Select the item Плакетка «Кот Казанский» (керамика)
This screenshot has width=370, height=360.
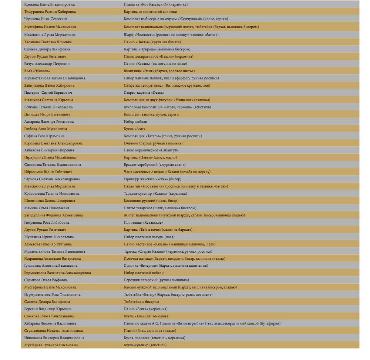(x=155, y=4)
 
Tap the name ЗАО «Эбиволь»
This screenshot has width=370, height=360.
(x=37, y=71)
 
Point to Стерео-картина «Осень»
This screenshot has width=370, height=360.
(x=144, y=93)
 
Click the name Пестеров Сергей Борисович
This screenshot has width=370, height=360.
(x=48, y=93)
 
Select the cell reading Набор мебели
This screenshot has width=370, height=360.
(x=135, y=121)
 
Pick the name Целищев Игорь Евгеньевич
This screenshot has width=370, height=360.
(x=47, y=114)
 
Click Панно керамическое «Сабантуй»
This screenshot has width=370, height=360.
(x=151, y=150)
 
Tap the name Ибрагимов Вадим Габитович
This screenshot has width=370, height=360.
(x=48, y=172)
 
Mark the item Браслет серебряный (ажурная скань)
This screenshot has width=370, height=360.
(x=155, y=165)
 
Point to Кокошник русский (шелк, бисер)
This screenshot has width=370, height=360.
(x=151, y=201)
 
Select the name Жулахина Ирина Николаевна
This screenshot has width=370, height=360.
(x=49, y=237)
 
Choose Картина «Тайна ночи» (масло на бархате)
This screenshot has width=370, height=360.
(x=158, y=230)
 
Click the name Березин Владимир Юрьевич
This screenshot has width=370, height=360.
(x=48, y=309)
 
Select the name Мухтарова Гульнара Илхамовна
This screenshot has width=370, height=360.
(x=51, y=345)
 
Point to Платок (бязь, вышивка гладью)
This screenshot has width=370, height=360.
(x=149, y=331)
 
